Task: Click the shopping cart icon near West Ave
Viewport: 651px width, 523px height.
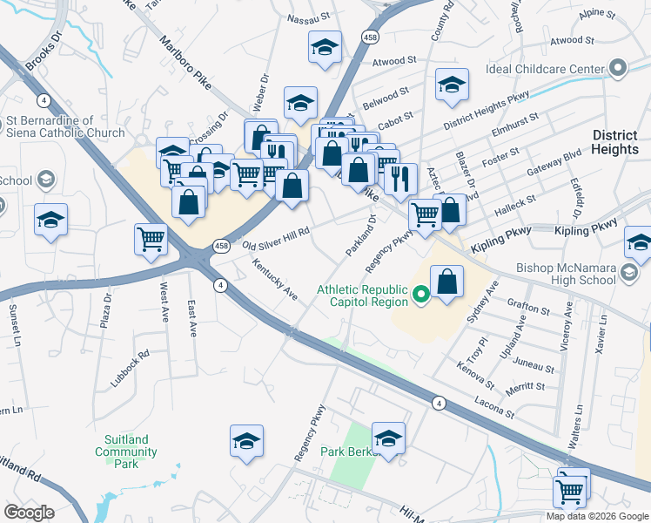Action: (151, 238)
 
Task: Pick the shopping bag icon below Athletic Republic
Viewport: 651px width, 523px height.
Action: (446, 282)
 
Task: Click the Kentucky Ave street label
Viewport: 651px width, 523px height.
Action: (275, 279)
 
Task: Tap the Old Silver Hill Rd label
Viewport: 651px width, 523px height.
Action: (276, 235)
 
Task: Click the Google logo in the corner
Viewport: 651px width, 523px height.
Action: (29, 513)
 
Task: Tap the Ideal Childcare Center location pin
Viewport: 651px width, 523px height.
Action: (618, 68)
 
